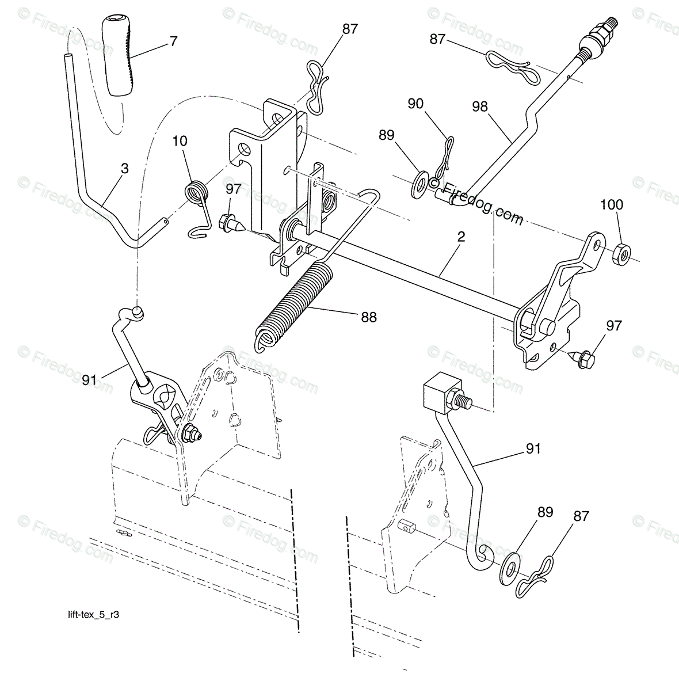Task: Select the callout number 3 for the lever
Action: [x=125, y=169]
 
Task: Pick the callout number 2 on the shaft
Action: [x=461, y=237]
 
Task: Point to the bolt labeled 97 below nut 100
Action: [x=582, y=358]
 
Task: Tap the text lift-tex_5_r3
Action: [x=93, y=615]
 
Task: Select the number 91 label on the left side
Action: [x=89, y=380]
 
